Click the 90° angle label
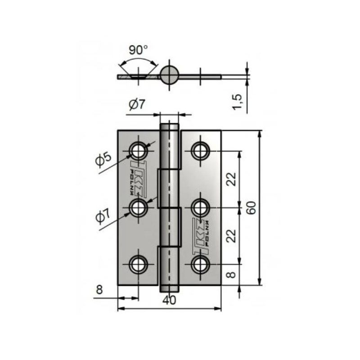pyautogui.click(x=138, y=49)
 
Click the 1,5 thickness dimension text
pyautogui.click(x=238, y=100)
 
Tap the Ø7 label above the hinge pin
pyautogui.click(x=137, y=105)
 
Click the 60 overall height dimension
pyautogui.click(x=252, y=208)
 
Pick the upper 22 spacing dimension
pyautogui.click(x=231, y=179)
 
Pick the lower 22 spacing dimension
pyautogui.click(x=231, y=235)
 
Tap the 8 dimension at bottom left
pyautogui.click(x=99, y=290)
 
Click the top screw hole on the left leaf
pyautogui.click(x=139, y=150)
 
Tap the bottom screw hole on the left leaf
pyautogui.click(x=139, y=264)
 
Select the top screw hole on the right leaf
pyautogui.click(x=200, y=150)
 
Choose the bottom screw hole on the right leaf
pyautogui.click(x=200, y=264)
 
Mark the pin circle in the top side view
pyautogui.click(x=170, y=74)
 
